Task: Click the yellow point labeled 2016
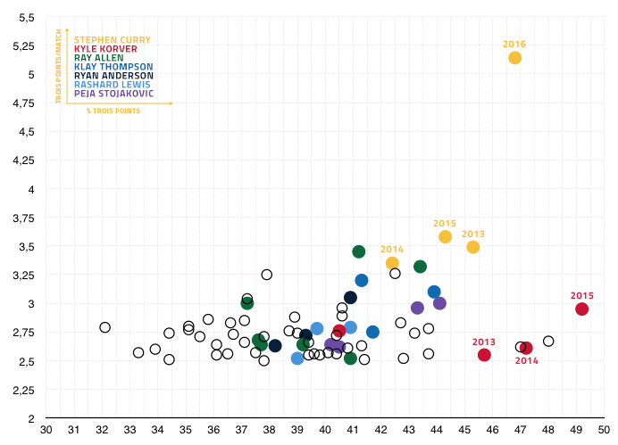[514, 58]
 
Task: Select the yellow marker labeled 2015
[445, 236]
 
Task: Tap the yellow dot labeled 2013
[473, 247]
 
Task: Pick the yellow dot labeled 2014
[392, 263]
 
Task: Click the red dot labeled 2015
[581, 309]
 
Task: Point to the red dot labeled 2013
[484, 355]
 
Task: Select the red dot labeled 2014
[526, 348]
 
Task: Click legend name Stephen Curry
[112, 40]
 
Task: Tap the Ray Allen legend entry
[99, 58]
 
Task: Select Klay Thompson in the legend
[113, 67]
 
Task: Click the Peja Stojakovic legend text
[113, 94]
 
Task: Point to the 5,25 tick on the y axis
[22, 46]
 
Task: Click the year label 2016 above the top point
[514, 44]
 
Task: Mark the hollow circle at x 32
[105, 327]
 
